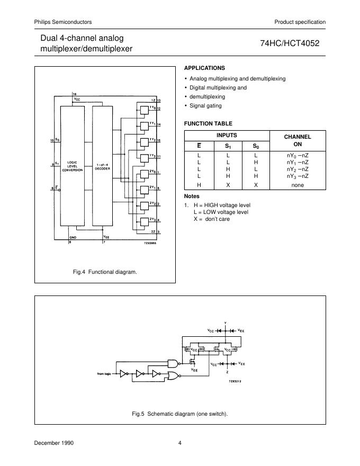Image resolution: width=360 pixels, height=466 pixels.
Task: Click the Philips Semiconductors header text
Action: [x=63, y=22]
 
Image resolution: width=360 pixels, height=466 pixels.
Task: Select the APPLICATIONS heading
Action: [x=204, y=68]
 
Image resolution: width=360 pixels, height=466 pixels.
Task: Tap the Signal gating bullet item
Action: [x=206, y=106]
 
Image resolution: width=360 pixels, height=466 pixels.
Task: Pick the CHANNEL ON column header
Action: [x=298, y=140]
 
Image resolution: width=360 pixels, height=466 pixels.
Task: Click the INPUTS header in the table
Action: [x=227, y=136]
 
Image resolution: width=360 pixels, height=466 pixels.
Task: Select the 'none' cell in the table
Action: [x=298, y=185]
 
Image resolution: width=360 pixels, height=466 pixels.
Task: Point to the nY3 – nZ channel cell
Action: [x=297, y=176]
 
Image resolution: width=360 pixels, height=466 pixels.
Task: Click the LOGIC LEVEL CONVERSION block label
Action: [x=71, y=166]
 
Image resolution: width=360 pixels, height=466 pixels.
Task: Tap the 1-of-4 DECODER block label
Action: [x=102, y=166]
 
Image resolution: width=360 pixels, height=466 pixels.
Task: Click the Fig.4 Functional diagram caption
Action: [x=105, y=272]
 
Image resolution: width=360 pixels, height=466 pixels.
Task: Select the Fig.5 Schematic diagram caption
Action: [x=180, y=414]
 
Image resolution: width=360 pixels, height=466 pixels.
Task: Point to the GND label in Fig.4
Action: [x=73, y=238]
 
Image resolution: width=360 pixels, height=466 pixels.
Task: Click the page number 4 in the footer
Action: [x=180, y=443]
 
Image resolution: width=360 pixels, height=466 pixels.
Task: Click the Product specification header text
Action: [x=300, y=22]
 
